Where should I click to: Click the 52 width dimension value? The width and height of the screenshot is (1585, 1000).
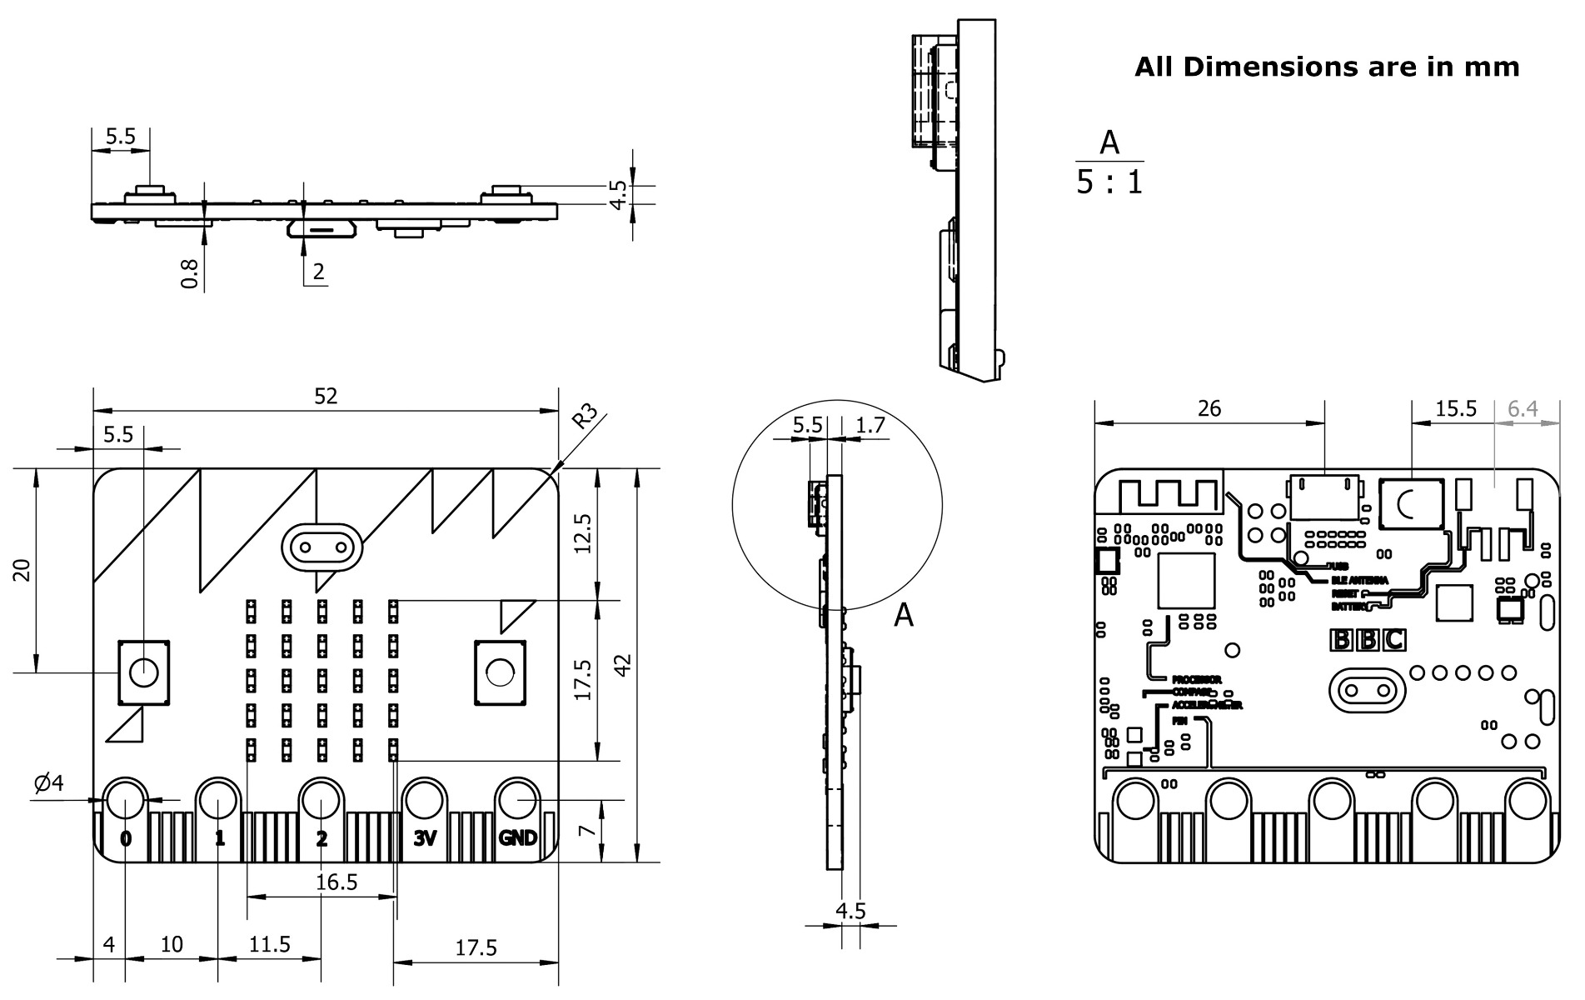(x=326, y=396)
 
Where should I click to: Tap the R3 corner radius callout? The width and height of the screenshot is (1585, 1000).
(x=586, y=416)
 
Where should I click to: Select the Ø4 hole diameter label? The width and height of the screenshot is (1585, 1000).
(x=48, y=782)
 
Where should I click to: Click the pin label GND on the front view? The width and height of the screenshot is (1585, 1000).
(x=517, y=838)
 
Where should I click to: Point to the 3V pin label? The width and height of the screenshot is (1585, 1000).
(x=425, y=838)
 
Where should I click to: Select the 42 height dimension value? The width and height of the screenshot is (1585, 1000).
(x=623, y=664)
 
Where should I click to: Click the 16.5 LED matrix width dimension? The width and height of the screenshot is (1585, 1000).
(x=337, y=882)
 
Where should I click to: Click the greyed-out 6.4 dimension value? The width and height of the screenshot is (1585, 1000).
(x=1523, y=408)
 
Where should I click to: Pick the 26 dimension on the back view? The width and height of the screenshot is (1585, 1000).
(x=1209, y=408)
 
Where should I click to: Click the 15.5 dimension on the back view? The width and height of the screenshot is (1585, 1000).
(x=1456, y=408)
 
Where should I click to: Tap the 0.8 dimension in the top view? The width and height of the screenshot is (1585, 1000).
(x=191, y=273)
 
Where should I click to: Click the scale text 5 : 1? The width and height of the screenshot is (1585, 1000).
(x=1109, y=182)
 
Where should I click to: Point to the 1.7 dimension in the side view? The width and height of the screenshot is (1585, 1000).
(x=870, y=425)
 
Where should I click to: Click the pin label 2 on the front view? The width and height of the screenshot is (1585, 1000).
(x=321, y=838)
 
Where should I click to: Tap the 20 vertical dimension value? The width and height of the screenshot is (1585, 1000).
(x=23, y=571)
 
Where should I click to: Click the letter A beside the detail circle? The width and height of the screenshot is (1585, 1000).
(x=903, y=615)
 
